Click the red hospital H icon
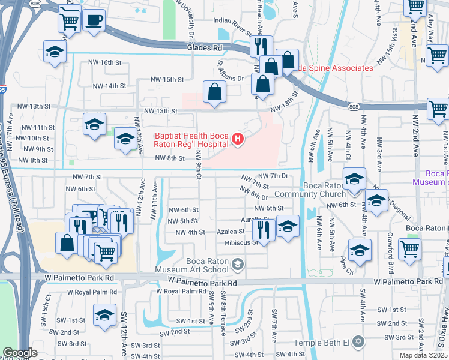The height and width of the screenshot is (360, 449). tap(238, 140)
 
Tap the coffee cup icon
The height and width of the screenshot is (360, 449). tap(93, 20)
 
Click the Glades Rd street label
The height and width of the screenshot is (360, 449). tap(204, 47)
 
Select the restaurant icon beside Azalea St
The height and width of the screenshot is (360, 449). tap(263, 228)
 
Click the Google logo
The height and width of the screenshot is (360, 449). tap(20, 353)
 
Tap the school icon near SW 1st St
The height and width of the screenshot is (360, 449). tap(104, 314)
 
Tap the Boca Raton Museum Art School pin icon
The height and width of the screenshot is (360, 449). tap(238, 264)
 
